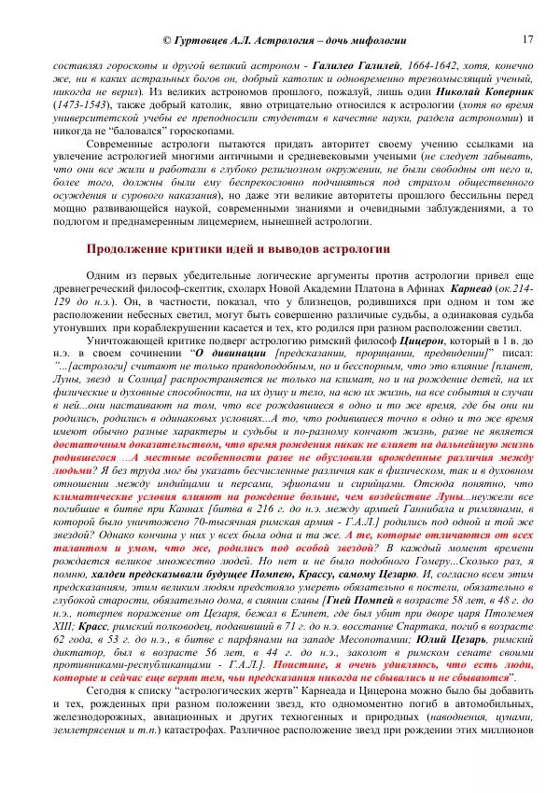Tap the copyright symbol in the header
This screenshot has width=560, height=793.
click(168, 41)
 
